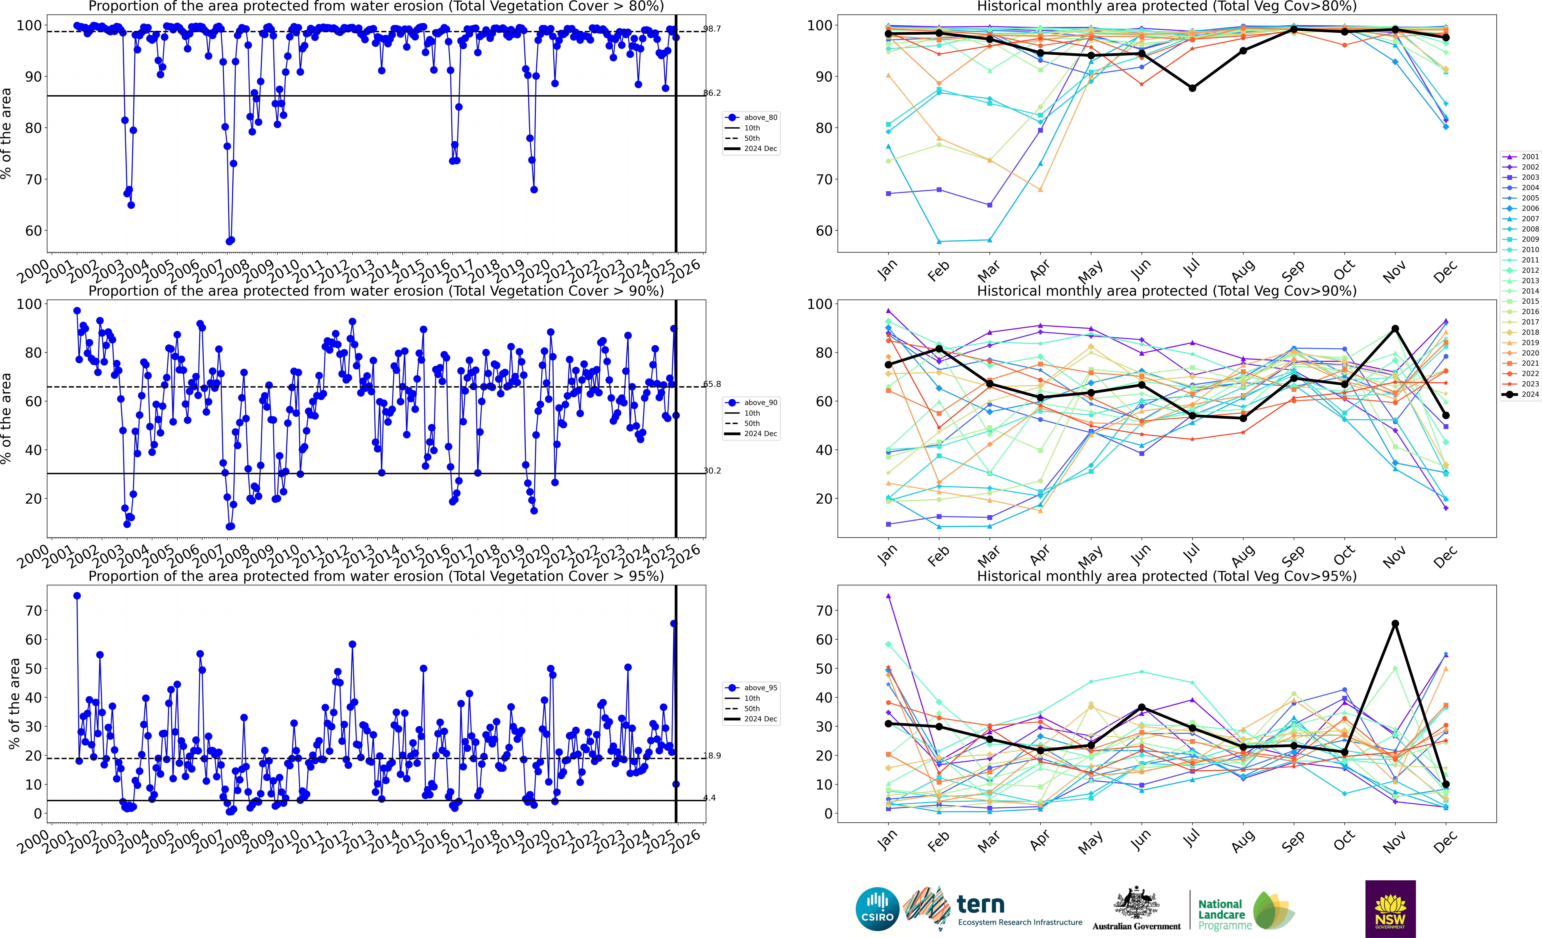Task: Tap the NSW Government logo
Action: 1390,909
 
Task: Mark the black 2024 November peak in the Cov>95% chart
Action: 1395,623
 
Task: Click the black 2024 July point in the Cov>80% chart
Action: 1192,88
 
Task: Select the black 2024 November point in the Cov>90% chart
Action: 1395,329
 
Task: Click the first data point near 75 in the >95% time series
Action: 77,596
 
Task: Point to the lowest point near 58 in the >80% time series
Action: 230,241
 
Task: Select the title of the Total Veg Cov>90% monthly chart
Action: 1167,291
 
